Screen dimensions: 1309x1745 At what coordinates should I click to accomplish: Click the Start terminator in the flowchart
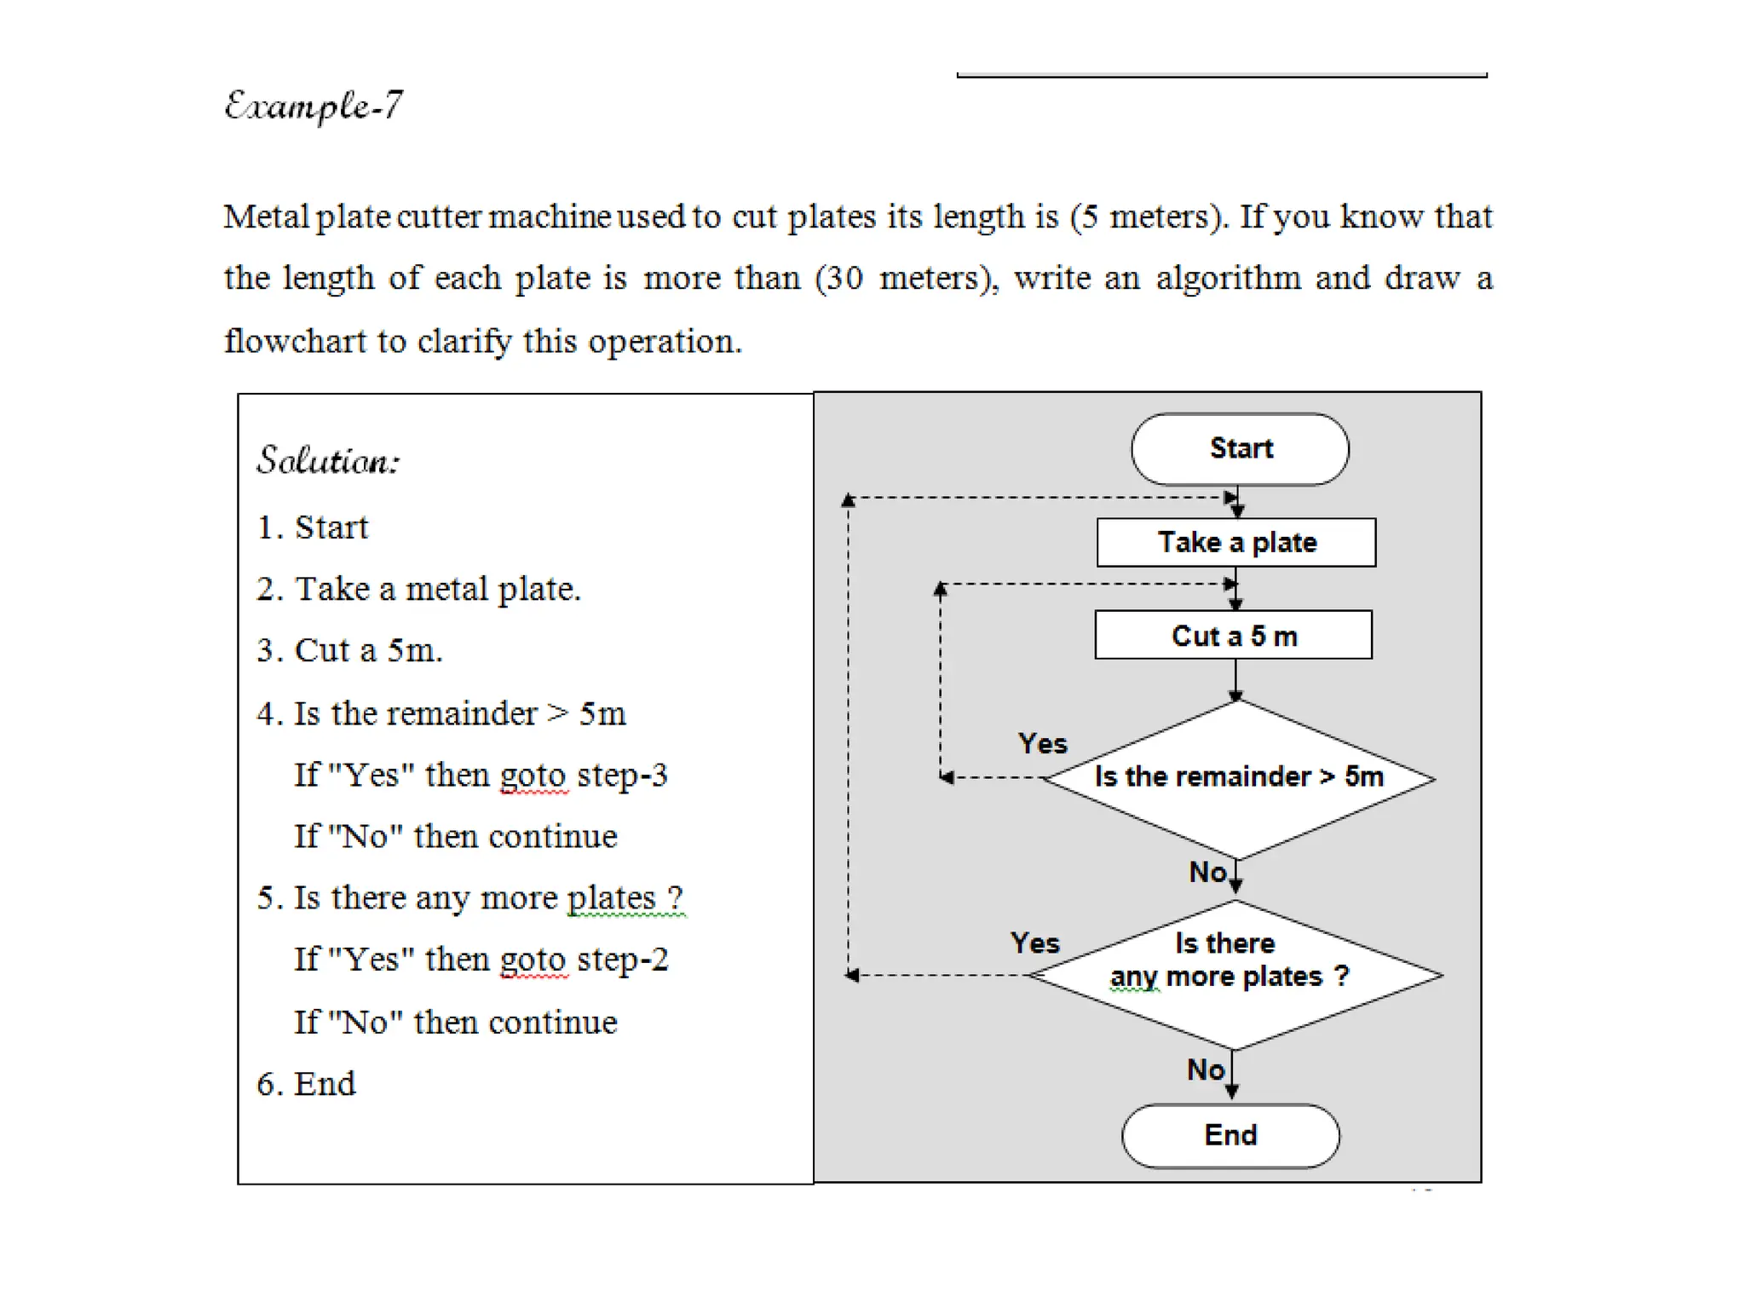point(1240,449)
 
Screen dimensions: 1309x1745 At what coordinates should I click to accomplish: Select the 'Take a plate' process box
point(1235,542)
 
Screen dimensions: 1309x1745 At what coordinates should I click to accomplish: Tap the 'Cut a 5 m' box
point(1233,635)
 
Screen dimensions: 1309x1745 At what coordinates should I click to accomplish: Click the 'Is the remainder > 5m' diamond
point(1238,778)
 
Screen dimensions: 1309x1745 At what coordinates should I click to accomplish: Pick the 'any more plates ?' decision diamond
point(1233,974)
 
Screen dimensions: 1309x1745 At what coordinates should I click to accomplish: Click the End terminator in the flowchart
point(1230,1135)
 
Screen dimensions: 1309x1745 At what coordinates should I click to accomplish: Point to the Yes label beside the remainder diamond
point(1042,743)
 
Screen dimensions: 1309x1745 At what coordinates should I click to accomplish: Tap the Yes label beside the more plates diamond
point(1034,943)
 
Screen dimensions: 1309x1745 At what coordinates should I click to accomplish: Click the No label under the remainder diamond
point(1207,872)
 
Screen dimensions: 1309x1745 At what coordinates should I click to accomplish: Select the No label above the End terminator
point(1205,1070)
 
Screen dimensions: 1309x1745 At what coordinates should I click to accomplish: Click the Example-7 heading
point(313,107)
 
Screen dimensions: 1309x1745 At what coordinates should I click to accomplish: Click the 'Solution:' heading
point(328,461)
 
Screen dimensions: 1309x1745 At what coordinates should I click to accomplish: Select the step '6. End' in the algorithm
point(306,1084)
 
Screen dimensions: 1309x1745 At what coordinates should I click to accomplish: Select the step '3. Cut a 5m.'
point(349,650)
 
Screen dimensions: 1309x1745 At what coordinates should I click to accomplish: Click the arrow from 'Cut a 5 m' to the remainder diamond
point(1235,679)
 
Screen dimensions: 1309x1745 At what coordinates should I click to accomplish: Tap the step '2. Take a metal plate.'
point(418,589)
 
